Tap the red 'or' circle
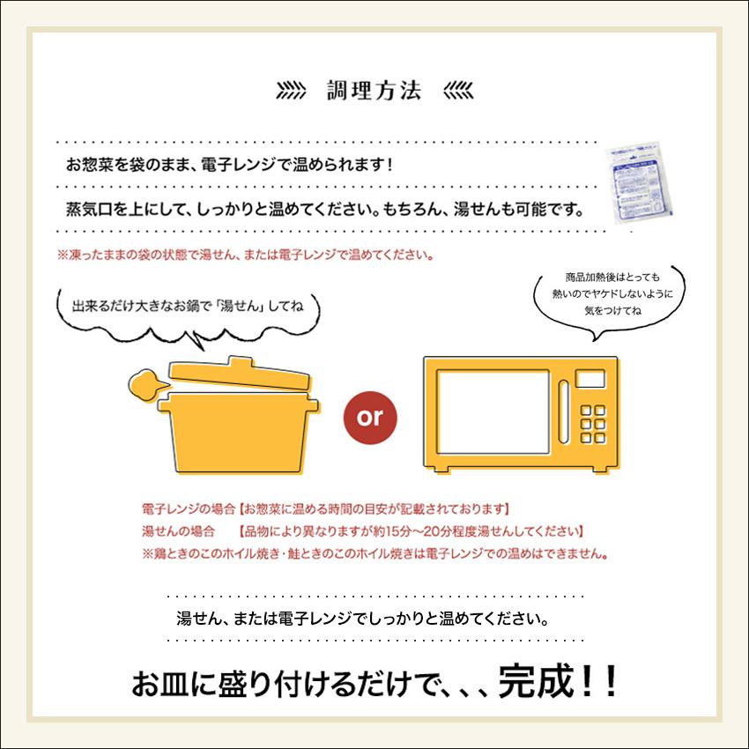tap(370, 416)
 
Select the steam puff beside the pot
tap(145, 384)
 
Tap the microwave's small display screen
tap(590, 377)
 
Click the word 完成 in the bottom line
tap(533, 684)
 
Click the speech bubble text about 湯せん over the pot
tap(187, 308)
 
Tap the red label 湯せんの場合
tap(179, 532)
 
